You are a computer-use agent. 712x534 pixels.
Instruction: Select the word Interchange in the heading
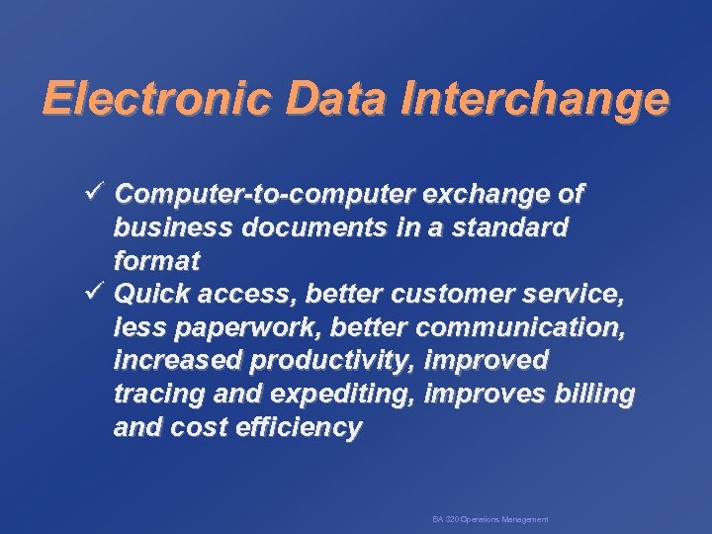(x=535, y=99)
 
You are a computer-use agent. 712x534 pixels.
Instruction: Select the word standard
(x=512, y=227)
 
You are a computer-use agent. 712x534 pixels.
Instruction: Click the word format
(x=156, y=261)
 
